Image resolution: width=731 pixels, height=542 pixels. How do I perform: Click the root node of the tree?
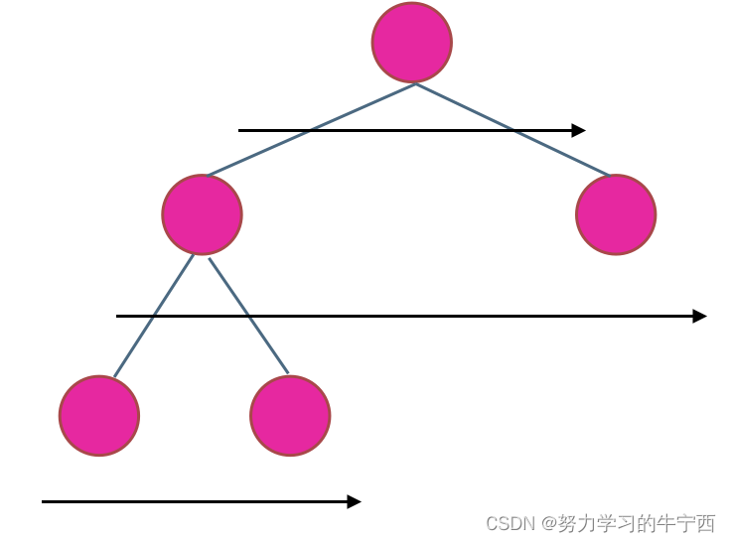412,43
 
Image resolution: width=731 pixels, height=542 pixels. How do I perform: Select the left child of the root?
202,214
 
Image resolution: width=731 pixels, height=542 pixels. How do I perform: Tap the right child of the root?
616,214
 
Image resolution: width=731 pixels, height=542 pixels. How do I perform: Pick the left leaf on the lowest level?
99,416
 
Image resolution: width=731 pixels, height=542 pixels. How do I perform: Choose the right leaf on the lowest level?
290,416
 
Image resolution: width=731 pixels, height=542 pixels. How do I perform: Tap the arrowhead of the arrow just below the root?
579,130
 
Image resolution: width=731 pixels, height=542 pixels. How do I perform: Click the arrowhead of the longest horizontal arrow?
700,316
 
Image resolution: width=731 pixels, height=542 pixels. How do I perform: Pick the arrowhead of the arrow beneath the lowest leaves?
355,501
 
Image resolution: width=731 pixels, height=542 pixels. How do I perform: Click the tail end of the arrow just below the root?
240,130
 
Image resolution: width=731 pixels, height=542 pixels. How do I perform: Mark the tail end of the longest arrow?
118,316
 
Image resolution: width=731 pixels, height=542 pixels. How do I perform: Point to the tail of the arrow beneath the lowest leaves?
44,501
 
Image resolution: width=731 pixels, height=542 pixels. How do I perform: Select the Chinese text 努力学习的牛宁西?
637,523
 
